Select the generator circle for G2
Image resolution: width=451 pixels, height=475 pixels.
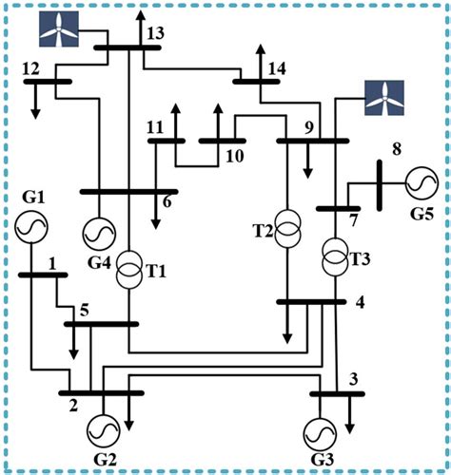pos(103,431)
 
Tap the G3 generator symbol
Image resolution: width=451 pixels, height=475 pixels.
pos(322,432)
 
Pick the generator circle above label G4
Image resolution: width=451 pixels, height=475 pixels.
pos(97,233)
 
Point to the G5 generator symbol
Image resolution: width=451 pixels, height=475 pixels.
pos(418,180)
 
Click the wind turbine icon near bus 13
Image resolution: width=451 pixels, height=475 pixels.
pos(60,28)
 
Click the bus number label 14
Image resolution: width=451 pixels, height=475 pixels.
pos(277,68)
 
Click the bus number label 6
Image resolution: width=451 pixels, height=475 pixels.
pos(167,200)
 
